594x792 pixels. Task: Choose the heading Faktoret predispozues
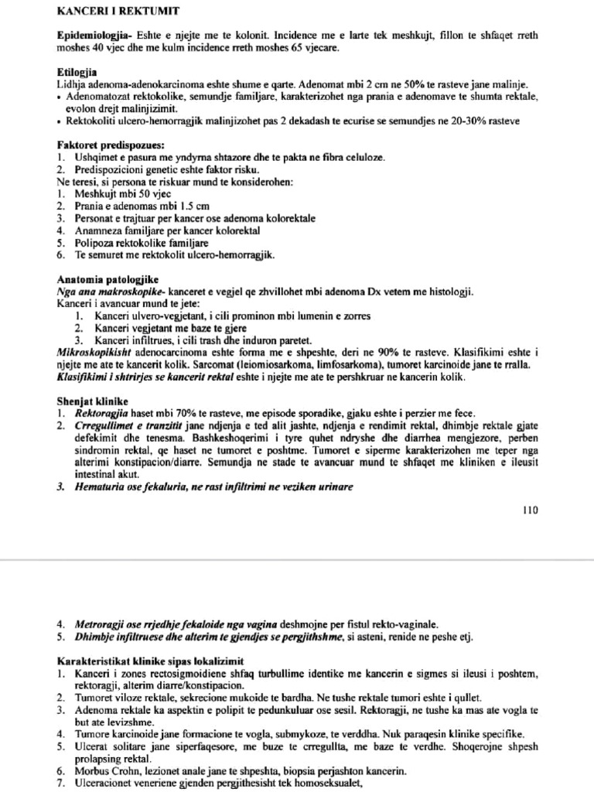[x=110, y=145]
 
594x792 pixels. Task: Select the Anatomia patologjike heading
[x=108, y=279]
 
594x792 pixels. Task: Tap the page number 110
[x=529, y=510]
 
